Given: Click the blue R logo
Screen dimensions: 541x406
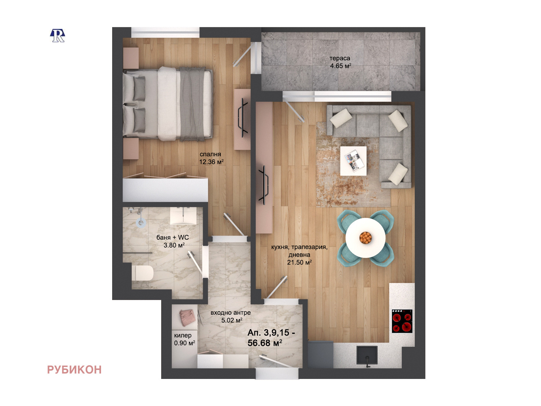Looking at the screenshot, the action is pos(57,36).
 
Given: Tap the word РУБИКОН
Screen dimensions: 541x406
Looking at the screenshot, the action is pos(74,370).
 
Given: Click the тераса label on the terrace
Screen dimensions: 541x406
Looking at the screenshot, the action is pos(340,58).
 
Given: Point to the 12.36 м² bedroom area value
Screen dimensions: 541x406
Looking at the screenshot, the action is pos(211,162).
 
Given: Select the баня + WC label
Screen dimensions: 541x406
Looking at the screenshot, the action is pos(172,237).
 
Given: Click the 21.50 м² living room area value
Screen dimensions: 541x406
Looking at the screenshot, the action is pos(299,262).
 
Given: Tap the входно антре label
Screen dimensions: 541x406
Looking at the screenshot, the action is pos(230,313).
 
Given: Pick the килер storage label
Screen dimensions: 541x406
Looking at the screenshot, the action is pos(182,336).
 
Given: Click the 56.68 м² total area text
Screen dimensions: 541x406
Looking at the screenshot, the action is pos(265,343).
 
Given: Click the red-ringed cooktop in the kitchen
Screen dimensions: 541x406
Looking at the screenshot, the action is pos(402,321).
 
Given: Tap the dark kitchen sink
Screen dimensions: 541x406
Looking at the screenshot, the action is pos(367,355).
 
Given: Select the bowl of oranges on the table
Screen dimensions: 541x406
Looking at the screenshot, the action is pos(365,237).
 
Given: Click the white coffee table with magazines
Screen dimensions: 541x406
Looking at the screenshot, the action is pos(353,161).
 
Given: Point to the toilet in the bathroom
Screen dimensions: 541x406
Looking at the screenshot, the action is pos(142,273).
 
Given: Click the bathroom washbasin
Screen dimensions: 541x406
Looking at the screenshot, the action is pos(183,215).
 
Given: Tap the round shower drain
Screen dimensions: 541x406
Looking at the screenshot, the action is pos(141,223).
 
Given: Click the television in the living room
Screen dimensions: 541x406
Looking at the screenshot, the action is pos(264,185).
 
